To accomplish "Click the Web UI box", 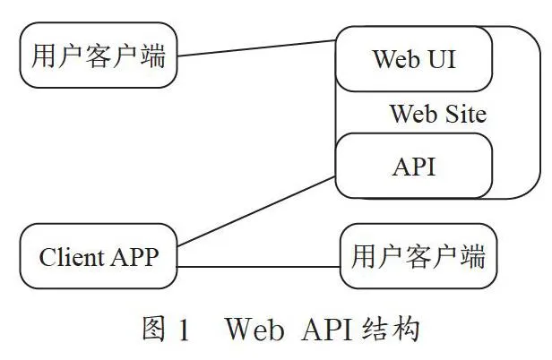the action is tap(414, 59).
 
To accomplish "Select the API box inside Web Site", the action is tap(414, 166).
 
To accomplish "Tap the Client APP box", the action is tap(99, 256).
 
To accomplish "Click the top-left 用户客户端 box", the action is tap(99, 56).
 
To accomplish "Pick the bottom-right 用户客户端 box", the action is tap(418, 256).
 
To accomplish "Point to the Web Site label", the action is tap(439, 114).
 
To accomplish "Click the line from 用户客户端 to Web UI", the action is tap(256, 48).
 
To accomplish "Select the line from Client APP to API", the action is tap(256, 211).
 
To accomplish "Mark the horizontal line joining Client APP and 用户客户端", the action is tap(258, 267).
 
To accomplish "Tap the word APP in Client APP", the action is tap(134, 257).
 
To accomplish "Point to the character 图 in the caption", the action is tap(154, 329).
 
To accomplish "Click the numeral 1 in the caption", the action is tap(184, 330).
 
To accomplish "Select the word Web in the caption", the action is tap(254, 330).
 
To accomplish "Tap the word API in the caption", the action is tap(327, 330).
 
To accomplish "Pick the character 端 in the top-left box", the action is tap(153, 56).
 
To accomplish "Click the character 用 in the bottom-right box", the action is tap(364, 256).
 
